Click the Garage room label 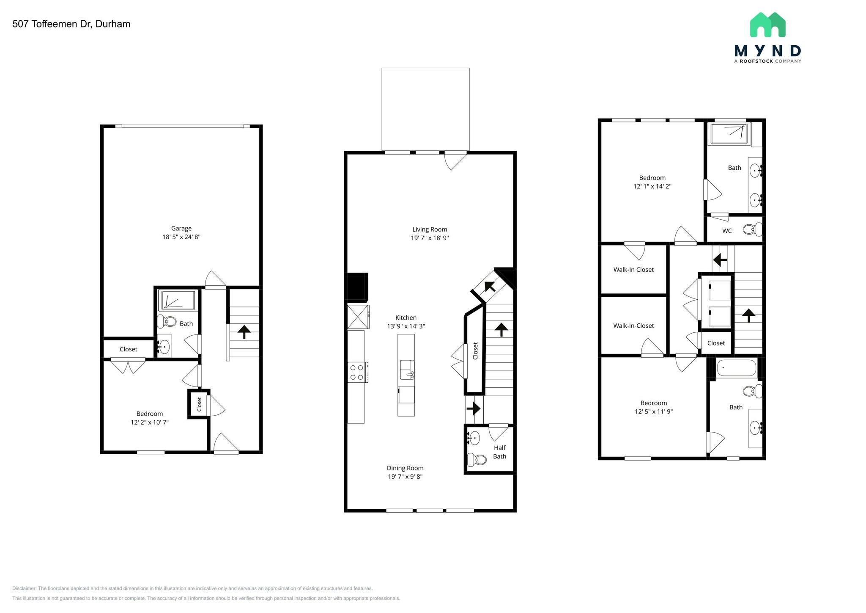click(181, 228)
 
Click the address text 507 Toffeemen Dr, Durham click(71, 24)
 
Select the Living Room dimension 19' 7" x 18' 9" click(430, 238)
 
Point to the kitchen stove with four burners click(357, 372)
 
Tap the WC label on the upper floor click(727, 231)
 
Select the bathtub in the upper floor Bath click(736, 368)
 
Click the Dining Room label click(405, 468)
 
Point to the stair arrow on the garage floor click(244, 332)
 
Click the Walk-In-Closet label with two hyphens click(633, 326)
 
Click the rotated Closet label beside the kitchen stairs click(475, 351)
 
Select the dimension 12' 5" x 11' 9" click(653, 411)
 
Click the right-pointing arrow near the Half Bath click(474, 409)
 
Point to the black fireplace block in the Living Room click(357, 287)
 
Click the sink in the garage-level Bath click(163, 347)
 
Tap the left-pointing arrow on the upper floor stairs click(720, 259)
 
